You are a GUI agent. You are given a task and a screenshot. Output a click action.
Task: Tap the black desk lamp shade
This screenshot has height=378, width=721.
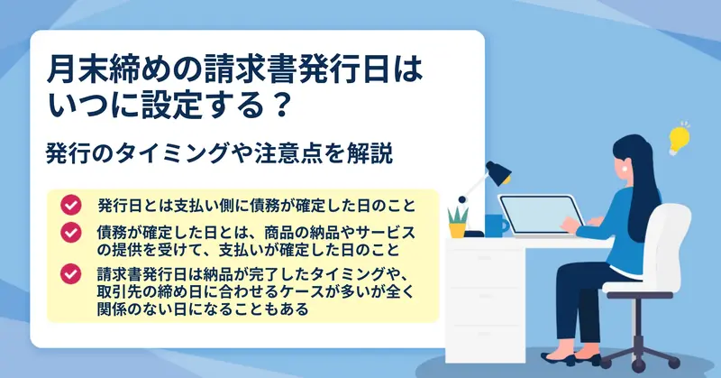[499, 172]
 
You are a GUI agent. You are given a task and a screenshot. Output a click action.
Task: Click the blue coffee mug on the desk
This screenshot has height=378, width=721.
[497, 226]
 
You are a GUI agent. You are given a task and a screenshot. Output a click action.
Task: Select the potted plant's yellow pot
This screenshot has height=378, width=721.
[458, 230]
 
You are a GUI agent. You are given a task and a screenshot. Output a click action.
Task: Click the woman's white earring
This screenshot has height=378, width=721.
[625, 168]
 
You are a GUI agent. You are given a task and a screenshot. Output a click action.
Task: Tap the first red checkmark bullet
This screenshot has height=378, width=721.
[71, 205]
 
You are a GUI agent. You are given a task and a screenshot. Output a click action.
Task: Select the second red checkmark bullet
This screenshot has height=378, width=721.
[71, 232]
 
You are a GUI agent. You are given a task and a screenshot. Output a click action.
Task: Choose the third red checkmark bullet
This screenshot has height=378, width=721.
[71, 273]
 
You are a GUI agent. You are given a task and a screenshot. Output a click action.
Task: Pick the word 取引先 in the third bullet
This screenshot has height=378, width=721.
[120, 292]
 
